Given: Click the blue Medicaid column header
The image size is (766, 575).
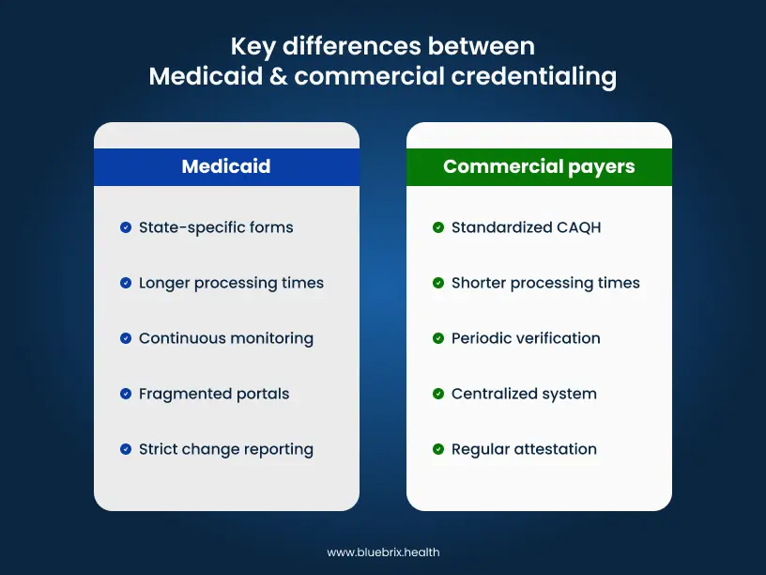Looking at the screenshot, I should pos(226,167).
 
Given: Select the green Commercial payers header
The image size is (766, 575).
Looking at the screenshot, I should pos(539,167).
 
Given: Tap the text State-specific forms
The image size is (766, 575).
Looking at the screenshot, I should pos(216,227).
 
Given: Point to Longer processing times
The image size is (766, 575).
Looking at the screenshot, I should pos(231,283).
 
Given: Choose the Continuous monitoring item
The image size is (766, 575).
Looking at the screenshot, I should pos(226,338).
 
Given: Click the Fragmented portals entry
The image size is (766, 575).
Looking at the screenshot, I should pos(214,394).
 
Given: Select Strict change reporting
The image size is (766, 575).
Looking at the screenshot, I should pos(226,449).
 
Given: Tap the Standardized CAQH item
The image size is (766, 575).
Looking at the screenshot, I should pos(525,227).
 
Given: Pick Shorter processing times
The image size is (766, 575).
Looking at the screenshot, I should pos(545,283).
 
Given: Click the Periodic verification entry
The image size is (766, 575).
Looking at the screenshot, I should pos(526,338).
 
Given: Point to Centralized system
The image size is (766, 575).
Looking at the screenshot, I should pos(524,394).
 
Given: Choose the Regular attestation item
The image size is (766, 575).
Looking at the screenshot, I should pos(524,449).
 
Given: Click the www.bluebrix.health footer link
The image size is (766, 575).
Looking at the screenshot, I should pos(383,552).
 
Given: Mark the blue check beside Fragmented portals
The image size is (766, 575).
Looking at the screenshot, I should pos(126,394).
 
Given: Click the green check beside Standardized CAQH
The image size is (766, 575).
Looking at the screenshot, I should pos(438,227).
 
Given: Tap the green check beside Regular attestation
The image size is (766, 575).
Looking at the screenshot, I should pos(438,449).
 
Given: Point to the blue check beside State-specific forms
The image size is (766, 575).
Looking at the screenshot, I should pos(126,227).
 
